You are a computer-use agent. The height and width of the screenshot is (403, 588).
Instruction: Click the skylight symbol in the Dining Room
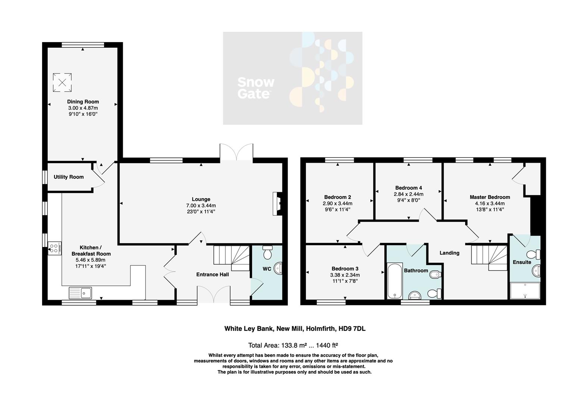(62, 82)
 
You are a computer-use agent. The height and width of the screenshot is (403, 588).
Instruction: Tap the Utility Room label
(69, 177)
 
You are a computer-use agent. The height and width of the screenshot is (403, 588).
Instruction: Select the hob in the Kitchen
(54, 249)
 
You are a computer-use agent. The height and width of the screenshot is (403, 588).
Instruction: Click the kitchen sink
(81, 293)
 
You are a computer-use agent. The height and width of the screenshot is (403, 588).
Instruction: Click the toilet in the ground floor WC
(268, 253)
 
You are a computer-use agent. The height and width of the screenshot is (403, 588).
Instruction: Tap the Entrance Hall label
(213, 275)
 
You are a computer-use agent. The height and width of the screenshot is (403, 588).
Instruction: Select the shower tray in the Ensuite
(525, 291)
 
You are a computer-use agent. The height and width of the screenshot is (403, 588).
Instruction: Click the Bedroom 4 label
(409, 188)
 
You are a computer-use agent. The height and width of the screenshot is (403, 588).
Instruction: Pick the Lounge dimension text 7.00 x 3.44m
(201, 206)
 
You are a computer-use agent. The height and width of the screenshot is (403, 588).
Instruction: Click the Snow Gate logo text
(256, 88)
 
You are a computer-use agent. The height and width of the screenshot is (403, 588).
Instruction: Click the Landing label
(449, 253)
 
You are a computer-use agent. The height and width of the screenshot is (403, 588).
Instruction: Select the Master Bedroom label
(490, 197)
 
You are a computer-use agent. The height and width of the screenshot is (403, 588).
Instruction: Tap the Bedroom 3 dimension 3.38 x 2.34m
(345, 275)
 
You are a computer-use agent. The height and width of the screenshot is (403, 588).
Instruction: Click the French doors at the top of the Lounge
(237, 153)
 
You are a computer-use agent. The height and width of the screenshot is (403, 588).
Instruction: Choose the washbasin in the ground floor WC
(278, 269)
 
